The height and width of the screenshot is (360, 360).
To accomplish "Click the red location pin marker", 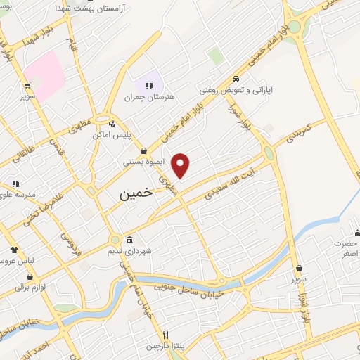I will pos(181,165).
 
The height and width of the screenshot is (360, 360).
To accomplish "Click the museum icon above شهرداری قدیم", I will pos(129,239).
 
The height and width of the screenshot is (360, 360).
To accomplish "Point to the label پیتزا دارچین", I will pos(165,346).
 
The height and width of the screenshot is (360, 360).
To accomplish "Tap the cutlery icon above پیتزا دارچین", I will pos(166,335).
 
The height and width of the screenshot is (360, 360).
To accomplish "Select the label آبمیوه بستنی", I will pos(143,162).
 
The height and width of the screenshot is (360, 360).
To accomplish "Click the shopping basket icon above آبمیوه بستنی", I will pos(143,150).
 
